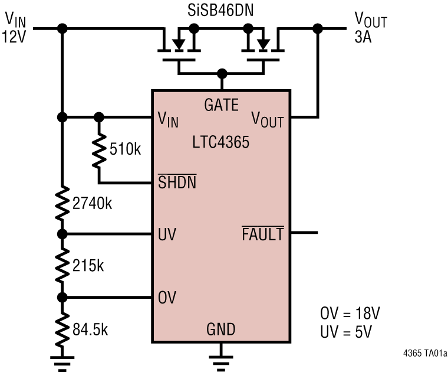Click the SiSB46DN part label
222,10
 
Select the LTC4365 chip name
220,142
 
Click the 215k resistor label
89,266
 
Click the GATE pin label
221,106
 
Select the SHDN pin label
177,182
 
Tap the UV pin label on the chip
167,234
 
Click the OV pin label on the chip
167,297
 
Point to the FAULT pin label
263,234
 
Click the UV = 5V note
346,331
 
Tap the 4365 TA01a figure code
424,354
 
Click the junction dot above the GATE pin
222,74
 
